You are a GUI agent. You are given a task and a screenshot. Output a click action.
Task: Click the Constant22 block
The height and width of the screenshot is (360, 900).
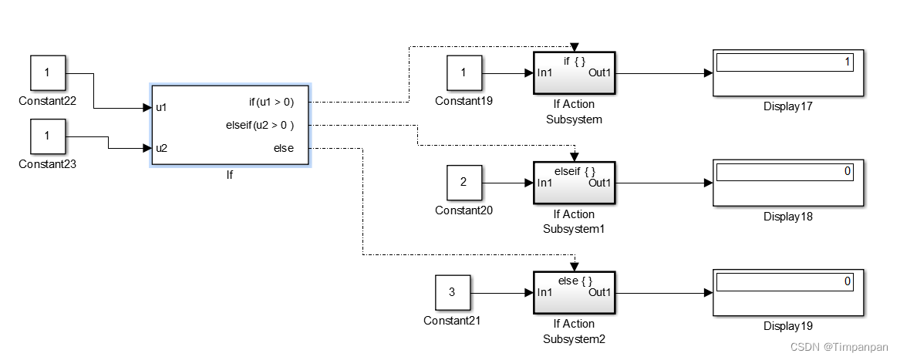coord(47,73)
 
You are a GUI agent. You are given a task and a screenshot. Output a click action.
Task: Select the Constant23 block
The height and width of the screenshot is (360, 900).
coord(47,136)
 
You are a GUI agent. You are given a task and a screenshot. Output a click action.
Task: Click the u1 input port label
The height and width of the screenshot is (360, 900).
coord(161,108)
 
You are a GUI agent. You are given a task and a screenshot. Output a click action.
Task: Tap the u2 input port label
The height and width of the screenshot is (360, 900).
coord(161,148)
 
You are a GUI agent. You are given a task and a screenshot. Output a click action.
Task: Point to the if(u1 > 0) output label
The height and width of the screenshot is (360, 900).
coord(271,101)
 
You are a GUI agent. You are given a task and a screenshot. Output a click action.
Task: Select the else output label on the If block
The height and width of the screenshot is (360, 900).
coord(283,148)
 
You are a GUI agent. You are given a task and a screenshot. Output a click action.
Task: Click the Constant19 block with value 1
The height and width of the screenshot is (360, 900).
coord(463,73)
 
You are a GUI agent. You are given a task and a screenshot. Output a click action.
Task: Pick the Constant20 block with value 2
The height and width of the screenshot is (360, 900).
coord(463,183)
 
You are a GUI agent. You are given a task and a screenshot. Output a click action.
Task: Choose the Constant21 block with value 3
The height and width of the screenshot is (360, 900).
coord(452,292)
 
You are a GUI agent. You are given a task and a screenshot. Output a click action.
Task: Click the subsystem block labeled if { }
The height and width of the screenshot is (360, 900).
coord(574,73)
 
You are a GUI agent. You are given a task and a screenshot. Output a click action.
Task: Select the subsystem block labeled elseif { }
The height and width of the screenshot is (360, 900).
coord(574,183)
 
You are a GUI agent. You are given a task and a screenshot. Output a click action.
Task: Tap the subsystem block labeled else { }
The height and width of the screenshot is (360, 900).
coord(574,292)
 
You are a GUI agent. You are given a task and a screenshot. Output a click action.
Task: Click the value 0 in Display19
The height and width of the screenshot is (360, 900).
coord(847,281)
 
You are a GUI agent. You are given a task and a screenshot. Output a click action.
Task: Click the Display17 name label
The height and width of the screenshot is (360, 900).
coord(788,107)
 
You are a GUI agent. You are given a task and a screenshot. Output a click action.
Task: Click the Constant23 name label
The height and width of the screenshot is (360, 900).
coord(47,164)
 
